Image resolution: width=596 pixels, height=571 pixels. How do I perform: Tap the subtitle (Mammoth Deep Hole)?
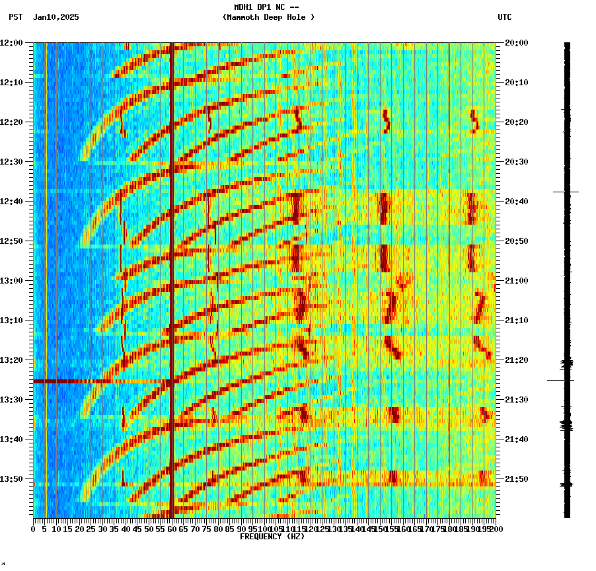(x=268, y=17)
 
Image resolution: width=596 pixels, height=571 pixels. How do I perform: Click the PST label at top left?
(x=15, y=17)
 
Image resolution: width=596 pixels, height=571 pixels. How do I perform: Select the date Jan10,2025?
(x=56, y=17)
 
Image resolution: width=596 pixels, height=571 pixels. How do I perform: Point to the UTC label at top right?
(x=504, y=17)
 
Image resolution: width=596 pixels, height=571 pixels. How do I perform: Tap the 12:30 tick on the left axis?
(x=12, y=161)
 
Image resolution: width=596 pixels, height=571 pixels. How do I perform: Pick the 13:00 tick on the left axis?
(x=12, y=280)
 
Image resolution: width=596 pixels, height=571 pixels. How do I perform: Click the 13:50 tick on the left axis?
(x=12, y=478)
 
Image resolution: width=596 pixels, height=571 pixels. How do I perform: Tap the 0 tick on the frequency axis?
(x=34, y=529)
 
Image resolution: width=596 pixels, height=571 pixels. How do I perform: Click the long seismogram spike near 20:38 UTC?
(x=566, y=192)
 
